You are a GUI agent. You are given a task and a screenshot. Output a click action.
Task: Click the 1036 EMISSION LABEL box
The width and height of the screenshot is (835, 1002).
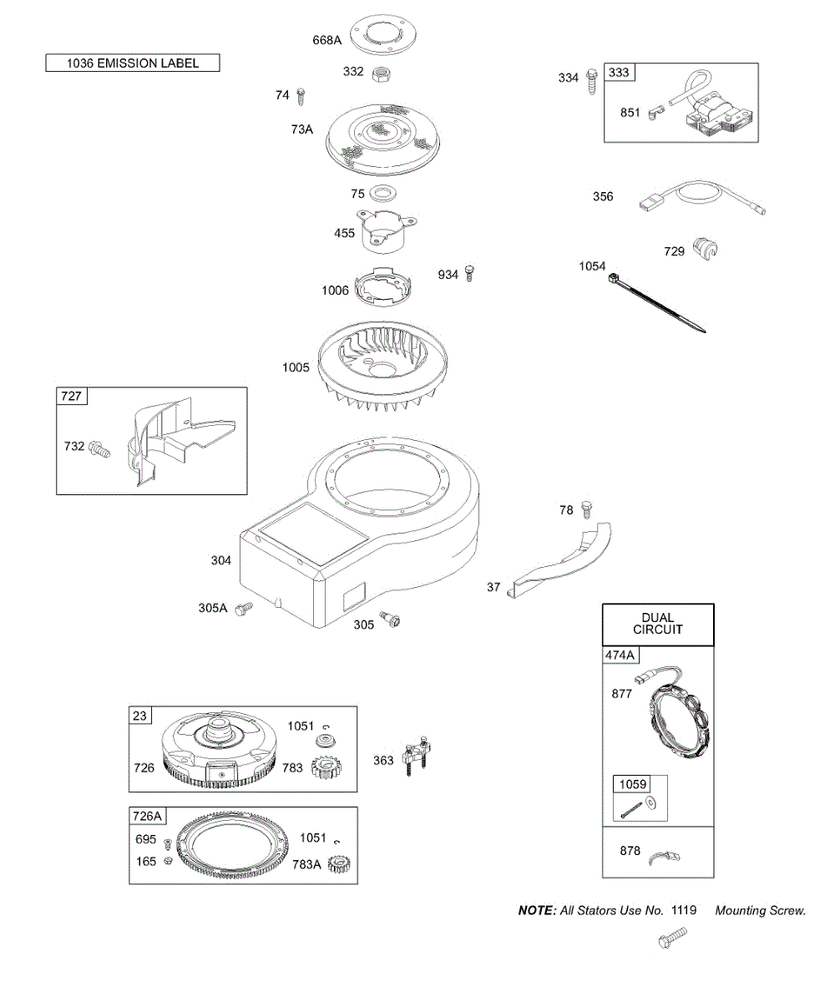(133, 63)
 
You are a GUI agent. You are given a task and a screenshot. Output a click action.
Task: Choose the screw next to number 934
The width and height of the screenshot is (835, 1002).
(470, 272)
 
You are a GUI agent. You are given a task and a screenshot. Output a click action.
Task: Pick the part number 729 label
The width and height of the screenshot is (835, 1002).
(674, 251)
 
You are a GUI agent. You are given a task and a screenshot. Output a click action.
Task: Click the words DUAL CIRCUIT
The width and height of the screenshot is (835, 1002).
(658, 624)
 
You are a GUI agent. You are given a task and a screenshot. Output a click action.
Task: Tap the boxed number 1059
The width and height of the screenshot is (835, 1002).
(631, 784)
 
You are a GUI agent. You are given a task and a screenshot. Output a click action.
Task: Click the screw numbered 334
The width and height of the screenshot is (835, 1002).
(591, 79)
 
